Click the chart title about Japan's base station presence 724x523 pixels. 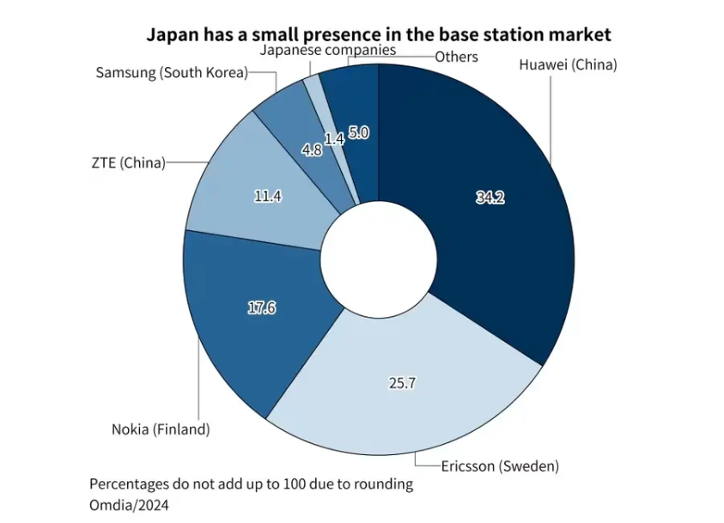pyautogui.click(x=378, y=34)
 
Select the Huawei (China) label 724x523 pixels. pyautogui.click(x=568, y=64)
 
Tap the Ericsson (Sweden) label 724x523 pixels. pyautogui.click(x=500, y=466)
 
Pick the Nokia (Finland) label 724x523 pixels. pyautogui.click(x=161, y=429)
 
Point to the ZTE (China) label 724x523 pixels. pyautogui.click(x=127, y=161)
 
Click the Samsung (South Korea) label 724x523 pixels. pyautogui.click(x=171, y=72)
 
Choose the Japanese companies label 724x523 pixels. pyautogui.click(x=327, y=50)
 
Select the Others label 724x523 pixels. pyautogui.click(x=456, y=57)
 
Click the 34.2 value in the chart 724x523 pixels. pyautogui.click(x=490, y=198)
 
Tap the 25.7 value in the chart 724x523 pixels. pyautogui.click(x=402, y=383)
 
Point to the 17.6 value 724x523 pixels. pyautogui.click(x=261, y=308)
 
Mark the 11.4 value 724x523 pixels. pyautogui.click(x=268, y=196)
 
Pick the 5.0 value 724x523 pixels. pyautogui.click(x=359, y=133)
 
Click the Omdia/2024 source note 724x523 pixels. pyautogui.click(x=129, y=504)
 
